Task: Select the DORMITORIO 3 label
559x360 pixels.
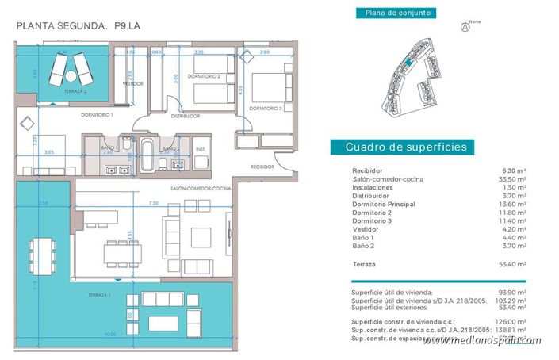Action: point(266,108)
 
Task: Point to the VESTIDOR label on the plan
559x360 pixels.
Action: point(132,83)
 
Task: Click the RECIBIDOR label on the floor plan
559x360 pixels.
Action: point(262,167)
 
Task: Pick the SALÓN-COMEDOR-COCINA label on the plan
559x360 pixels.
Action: point(200,188)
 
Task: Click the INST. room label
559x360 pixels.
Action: point(201,149)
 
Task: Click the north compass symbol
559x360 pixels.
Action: point(464,26)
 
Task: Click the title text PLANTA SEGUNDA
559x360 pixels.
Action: point(62,26)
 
